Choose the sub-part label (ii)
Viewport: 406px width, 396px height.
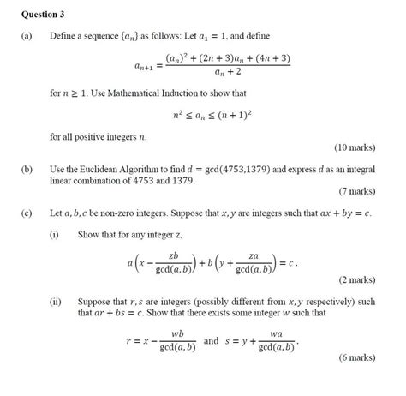pyautogui.click(x=57, y=302)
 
